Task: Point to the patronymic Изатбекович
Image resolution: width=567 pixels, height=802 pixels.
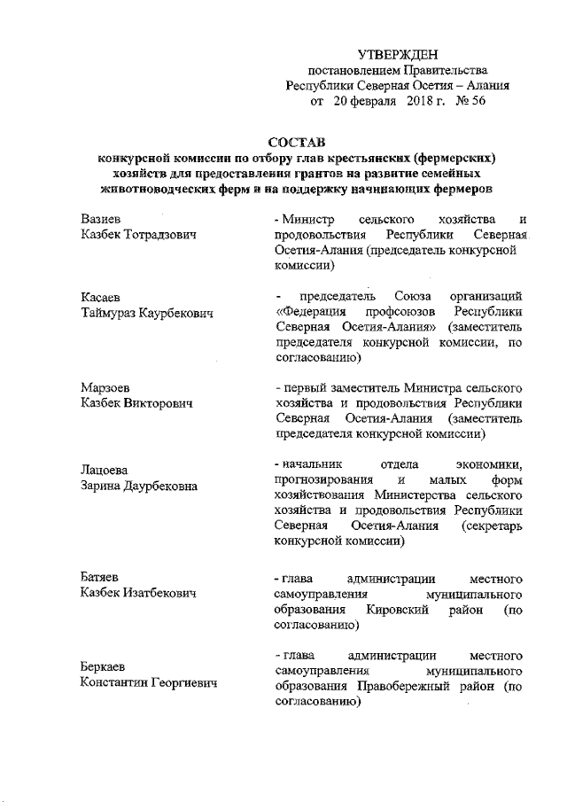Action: [159, 595]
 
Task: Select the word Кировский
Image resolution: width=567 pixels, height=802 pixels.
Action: [399, 610]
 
